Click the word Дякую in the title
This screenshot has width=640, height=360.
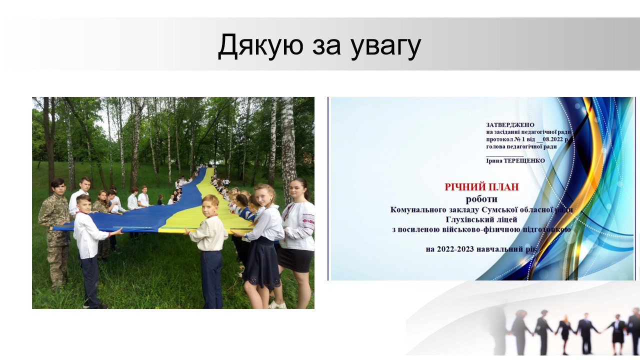click(x=260, y=45)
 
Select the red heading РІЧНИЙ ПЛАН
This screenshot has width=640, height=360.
click(x=481, y=187)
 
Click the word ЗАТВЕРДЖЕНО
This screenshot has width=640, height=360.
click(x=510, y=125)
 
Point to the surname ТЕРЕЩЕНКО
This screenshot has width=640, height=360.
click(x=524, y=161)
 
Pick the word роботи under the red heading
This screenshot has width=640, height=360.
click(x=481, y=199)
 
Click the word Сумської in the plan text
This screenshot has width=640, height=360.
click(x=497, y=210)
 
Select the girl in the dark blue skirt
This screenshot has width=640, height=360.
click(x=261, y=243)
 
